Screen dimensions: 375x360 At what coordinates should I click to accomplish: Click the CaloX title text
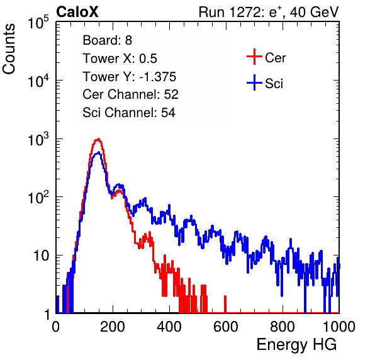point(77,12)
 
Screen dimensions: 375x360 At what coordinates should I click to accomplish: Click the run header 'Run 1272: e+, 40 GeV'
point(269,12)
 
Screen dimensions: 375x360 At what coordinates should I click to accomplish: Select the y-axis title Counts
point(9,49)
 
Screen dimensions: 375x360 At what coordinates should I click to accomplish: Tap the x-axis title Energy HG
point(296,345)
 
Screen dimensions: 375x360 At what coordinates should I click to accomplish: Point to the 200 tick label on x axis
point(113,327)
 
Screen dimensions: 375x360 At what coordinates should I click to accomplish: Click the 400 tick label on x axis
point(169,327)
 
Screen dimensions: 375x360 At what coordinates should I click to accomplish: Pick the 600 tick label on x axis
point(226,327)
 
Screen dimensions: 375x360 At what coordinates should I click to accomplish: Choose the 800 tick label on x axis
point(283,327)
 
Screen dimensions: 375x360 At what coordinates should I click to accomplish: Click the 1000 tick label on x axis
point(339,327)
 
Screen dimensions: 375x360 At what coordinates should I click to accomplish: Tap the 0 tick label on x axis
point(56,327)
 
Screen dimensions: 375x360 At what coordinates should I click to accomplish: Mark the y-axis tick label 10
point(41,256)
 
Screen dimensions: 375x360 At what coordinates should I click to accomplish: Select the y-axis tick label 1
point(47,314)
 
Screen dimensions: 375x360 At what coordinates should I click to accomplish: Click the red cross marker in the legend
point(254,57)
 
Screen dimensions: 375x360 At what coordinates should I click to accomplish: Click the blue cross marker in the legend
point(254,82)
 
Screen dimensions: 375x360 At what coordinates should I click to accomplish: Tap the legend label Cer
point(275,58)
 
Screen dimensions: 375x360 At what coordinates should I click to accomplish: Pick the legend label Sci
point(274,84)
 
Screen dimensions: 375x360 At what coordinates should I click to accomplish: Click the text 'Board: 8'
point(107,40)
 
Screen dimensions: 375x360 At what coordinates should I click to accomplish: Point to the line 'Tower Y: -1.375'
point(130,77)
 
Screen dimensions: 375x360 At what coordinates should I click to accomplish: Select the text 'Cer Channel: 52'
point(131,94)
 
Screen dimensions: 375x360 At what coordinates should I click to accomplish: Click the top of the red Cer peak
point(98,138)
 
